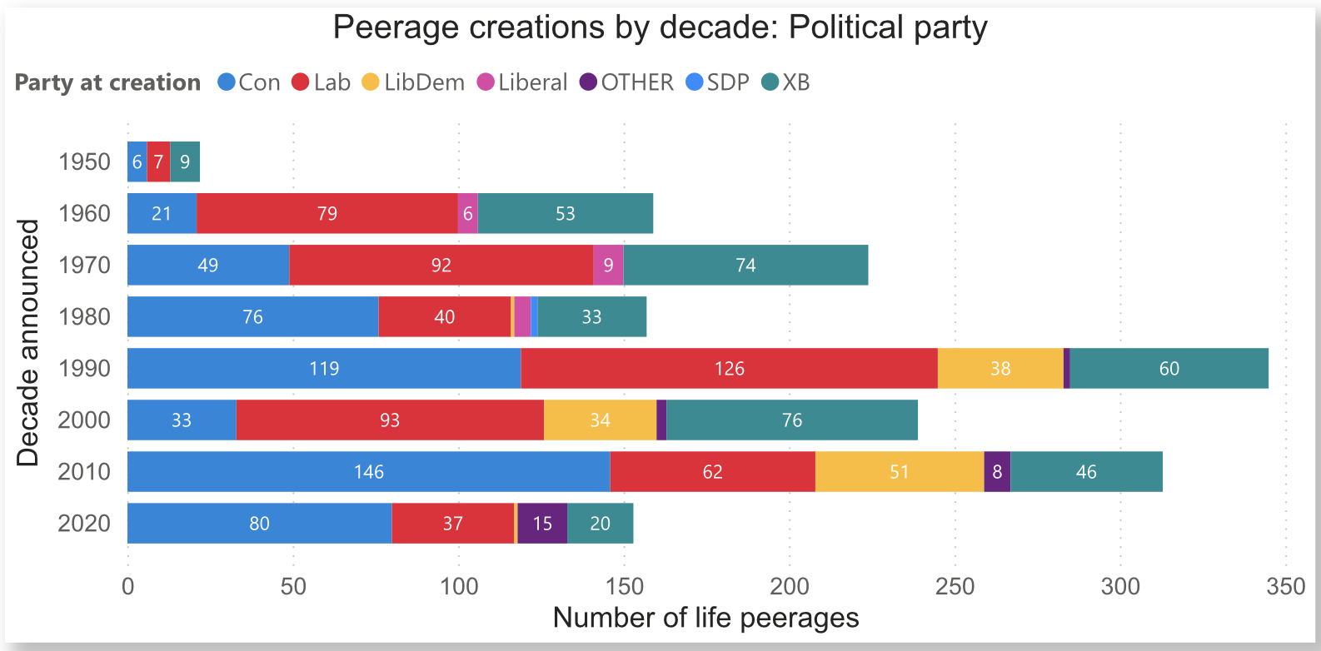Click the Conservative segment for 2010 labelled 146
coord(368,472)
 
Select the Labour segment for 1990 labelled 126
coord(729,369)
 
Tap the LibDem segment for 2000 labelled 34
coord(600,420)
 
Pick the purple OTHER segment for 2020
coord(542,524)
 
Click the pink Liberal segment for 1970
coord(608,266)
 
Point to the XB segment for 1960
coord(565,214)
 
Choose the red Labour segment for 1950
coord(158,162)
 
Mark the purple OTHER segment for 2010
coord(997,472)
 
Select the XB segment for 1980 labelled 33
coord(591,317)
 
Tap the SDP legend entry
coord(718,82)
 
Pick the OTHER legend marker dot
coord(589,82)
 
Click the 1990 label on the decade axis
coord(84,369)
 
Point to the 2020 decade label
coord(84,524)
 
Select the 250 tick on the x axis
coord(955,587)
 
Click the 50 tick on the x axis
coord(293,587)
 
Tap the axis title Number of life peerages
coord(705,619)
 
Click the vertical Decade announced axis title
coord(27,343)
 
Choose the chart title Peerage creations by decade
coord(660,27)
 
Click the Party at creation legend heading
coord(107,82)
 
